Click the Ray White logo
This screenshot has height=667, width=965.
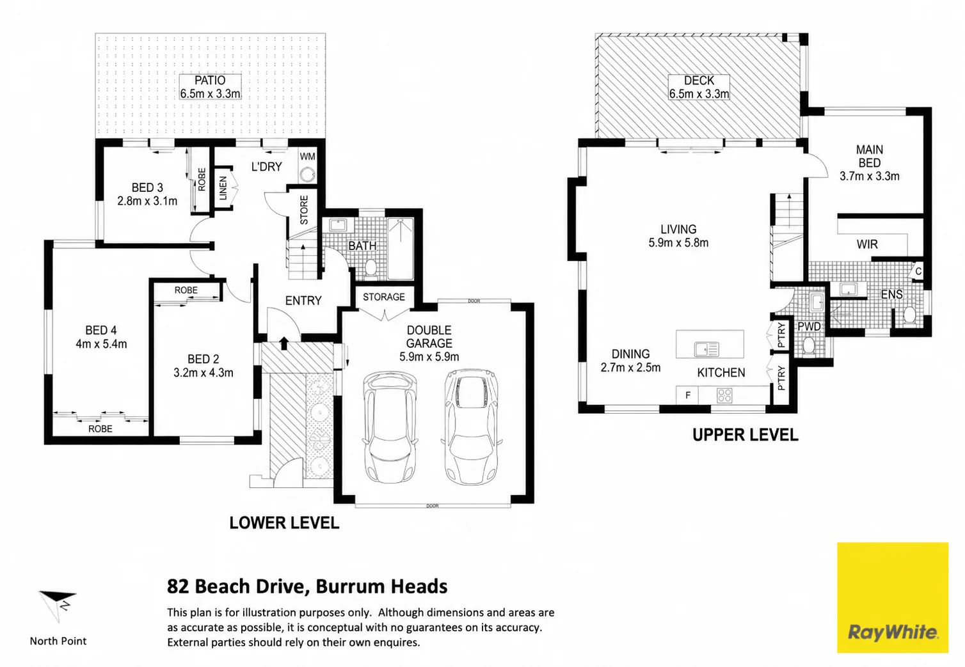tap(893, 597)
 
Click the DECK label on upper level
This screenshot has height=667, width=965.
tap(699, 81)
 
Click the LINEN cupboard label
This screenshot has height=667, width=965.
tap(223, 188)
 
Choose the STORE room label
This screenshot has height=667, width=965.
tap(304, 210)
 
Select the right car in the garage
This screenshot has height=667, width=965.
tap(471, 426)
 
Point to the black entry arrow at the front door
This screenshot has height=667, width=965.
tap(284, 343)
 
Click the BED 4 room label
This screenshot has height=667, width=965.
tap(101, 330)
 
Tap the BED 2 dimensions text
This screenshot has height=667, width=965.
tap(203, 372)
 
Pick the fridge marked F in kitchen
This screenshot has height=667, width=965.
tap(687, 395)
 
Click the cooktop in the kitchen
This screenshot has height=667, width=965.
tap(724, 395)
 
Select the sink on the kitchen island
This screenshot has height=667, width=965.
tap(706, 349)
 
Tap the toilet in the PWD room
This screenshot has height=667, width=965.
tap(809, 345)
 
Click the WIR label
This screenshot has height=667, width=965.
tap(867, 244)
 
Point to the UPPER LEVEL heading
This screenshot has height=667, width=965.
tap(746, 435)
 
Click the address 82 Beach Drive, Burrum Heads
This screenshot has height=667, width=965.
tap(307, 586)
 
